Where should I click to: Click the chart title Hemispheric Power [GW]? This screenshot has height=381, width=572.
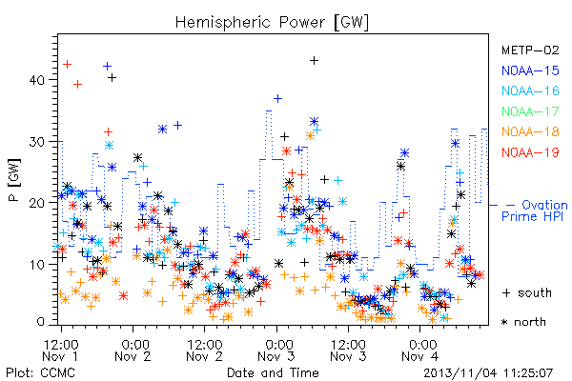[272, 23]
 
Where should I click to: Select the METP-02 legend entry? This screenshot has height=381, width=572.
[530, 50]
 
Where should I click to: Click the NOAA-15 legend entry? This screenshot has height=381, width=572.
[530, 70]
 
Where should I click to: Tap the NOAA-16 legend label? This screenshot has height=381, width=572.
[530, 90]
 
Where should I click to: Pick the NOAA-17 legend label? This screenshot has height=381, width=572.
[530, 111]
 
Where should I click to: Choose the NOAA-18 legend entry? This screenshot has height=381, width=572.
[530, 131]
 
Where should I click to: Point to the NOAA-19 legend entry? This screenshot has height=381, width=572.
[530, 152]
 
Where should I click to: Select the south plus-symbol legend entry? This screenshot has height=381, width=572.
[527, 292]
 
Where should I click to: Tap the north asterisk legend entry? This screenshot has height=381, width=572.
[523, 322]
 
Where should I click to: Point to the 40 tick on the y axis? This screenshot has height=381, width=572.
[37, 80]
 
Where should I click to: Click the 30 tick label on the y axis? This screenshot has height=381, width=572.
[37, 142]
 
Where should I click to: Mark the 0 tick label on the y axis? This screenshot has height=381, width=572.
[41, 322]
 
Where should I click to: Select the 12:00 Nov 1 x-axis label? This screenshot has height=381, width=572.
[61, 351]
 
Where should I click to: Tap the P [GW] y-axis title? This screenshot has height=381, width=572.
[14, 180]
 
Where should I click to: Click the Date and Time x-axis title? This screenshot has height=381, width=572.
[273, 373]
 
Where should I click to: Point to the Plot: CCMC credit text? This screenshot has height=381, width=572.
[40, 373]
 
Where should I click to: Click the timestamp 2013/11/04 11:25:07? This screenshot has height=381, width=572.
[488, 373]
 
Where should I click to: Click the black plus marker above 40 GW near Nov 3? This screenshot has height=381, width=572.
[314, 61]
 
